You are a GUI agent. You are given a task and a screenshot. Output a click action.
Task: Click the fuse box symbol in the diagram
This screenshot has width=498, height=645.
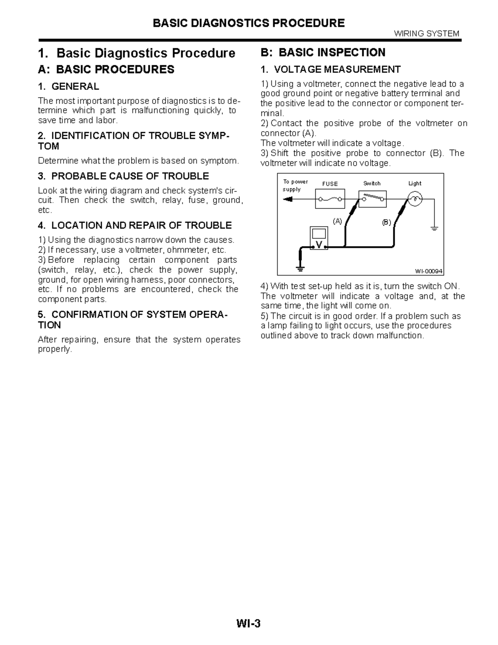coord(330,199)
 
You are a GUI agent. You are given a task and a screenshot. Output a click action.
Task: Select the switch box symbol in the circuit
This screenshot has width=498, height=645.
coord(372,199)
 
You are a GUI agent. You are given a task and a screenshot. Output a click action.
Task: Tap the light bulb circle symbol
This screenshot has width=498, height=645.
coord(415,199)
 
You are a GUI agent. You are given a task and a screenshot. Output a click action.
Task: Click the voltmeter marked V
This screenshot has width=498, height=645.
coord(319,238)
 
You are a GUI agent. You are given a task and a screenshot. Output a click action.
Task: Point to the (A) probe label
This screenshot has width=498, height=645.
coord(337,221)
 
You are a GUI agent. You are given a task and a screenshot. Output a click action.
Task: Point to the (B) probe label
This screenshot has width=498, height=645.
coord(386,222)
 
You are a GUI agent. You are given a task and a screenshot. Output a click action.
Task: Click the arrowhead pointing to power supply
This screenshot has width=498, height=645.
coord(287,199)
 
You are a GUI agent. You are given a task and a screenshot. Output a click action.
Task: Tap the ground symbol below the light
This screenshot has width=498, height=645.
coord(434,228)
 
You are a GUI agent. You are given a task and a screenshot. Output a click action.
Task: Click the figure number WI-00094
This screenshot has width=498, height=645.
coord(429,271)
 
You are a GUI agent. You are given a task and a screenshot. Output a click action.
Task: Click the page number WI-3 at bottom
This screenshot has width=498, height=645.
coord(249,623)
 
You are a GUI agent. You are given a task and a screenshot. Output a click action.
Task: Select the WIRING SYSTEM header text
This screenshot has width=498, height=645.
coord(426,34)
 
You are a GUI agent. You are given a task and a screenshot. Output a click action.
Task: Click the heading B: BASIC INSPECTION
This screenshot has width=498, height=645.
coord(322,52)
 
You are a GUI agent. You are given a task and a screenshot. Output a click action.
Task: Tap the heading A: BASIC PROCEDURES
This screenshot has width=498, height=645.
coord(106,69)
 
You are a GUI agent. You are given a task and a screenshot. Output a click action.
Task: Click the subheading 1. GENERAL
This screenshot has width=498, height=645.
coord(68,86)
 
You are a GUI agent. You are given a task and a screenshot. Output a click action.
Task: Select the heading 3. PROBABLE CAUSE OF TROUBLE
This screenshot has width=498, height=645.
coord(123,176)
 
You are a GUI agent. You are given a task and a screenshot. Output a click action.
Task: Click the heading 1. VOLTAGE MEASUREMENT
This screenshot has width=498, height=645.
coord(330,69)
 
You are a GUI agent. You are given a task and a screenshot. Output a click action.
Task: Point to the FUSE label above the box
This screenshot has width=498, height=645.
coord(330,184)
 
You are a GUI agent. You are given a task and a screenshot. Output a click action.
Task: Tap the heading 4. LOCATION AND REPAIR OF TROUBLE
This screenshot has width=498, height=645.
coord(134,226)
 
